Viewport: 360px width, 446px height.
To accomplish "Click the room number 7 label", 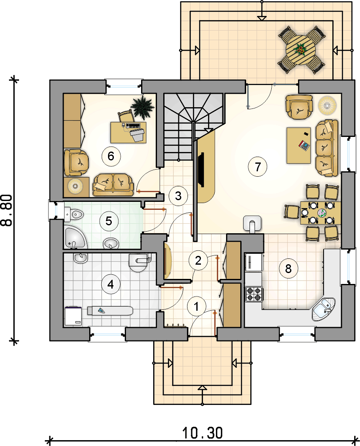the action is tap(257, 167).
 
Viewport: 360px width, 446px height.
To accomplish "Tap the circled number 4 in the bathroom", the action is tap(111, 284).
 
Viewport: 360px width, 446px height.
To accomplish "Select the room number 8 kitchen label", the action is tap(288, 268).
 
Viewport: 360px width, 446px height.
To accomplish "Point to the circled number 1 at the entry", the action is tap(196, 307).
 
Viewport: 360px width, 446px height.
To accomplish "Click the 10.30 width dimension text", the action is tap(202, 433).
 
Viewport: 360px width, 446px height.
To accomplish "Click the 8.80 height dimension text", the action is tap(7, 210).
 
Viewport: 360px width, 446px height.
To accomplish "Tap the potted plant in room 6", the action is tap(142, 107).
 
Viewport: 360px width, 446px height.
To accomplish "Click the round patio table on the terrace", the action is tap(301, 50).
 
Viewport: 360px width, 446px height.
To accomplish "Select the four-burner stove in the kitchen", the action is tap(254, 294).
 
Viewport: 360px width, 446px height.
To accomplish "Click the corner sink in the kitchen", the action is tap(324, 309).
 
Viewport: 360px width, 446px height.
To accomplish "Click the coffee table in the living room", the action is tap(298, 145).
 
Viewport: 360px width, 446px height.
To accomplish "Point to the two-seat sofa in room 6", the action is tap(113, 185).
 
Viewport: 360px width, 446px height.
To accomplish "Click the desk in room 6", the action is tap(128, 133).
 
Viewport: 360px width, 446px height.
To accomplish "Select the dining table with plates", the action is tap(321, 213).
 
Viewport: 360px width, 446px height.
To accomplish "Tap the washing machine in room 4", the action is tap(73, 316).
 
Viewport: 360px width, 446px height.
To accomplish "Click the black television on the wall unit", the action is tap(201, 170).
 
